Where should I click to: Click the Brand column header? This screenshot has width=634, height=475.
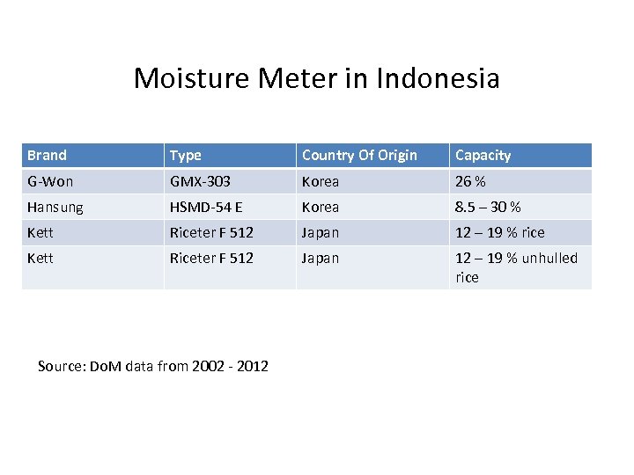click(x=47, y=155)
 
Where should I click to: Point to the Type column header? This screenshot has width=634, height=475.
click(x=185, y=156)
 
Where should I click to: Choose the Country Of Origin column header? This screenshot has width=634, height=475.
click(x=359, y=156)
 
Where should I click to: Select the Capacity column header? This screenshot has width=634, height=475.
click(x=483, y=156)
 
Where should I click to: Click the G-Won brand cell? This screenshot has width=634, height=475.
click(x=50, y=181)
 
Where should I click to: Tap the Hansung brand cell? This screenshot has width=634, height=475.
click(x=55, y=207)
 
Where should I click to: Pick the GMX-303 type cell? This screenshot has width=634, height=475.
click(x=200, y=181)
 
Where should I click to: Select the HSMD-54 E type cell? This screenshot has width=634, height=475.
click(x=206, y=207)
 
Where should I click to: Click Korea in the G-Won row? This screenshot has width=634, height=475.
click(x=320, y=181)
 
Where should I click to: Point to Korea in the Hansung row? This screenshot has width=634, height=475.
click(x=320, y=207)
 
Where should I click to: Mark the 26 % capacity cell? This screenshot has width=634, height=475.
click(x=470, y=181)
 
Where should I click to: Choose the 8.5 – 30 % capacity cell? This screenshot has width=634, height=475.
click(x=488, y=207)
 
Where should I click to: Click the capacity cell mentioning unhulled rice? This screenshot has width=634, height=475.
click(x=516, y=267)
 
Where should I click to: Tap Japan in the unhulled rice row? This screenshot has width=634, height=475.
click(x=320, y=258)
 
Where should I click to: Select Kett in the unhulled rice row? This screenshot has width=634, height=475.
click(x=41, y=258)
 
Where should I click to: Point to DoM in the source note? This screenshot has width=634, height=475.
click(x=107, y=366)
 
